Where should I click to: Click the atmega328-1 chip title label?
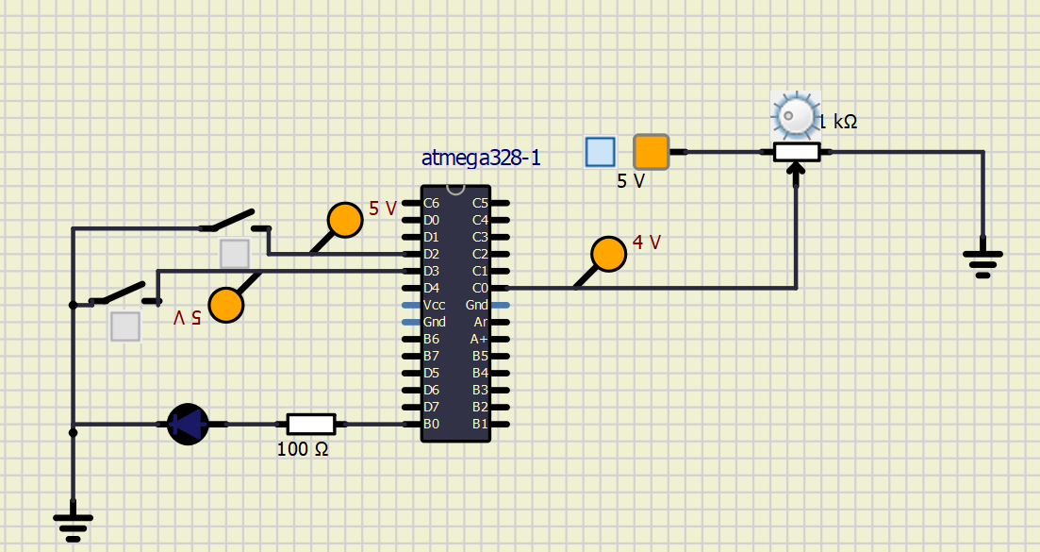click(481, 159)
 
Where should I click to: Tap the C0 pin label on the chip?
click(480, 288)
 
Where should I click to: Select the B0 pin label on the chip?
click(432, 424)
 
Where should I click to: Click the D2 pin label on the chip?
click(432, 254)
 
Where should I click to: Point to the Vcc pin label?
click(435, 305)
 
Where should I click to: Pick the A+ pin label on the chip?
click(479, 339)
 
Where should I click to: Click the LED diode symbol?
click(188, 424)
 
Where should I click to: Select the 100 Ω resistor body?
click(310, 424)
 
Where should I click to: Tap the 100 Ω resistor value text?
click(303, 450)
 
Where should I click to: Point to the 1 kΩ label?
click(837, 122)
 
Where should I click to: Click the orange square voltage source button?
click(651, 151)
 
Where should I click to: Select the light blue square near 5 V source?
click(600, 151)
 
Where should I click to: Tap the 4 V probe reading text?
click(647, 243)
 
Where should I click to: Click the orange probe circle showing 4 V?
click(609, 254)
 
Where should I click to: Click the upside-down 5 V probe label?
click(187, 318)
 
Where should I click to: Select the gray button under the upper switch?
click(235, 254)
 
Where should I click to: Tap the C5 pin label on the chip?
click(480, 203)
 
